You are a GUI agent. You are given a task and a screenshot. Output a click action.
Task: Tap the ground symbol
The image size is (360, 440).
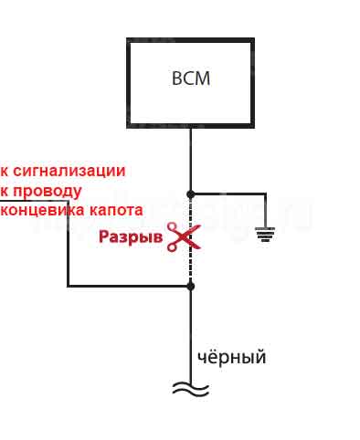265,236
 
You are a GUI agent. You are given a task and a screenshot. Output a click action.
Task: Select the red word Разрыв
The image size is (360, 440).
131,239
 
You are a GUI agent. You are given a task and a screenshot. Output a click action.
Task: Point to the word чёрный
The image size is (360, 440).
232,357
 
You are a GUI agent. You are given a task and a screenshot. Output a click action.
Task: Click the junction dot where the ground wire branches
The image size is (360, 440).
191,194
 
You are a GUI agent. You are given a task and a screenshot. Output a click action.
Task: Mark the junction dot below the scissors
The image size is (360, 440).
191,286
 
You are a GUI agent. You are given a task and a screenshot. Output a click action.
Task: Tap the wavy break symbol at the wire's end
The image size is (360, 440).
191,388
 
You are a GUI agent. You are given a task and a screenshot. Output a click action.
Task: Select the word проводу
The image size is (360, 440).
47,191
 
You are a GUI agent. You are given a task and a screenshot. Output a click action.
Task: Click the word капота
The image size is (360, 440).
116,210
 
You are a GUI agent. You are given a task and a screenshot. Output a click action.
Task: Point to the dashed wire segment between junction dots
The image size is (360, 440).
191,265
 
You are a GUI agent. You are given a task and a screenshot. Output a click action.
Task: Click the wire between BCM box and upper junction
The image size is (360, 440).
191,160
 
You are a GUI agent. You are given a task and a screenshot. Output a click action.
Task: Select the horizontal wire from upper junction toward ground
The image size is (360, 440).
228,194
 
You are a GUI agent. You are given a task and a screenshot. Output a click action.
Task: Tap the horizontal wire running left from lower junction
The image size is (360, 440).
128,286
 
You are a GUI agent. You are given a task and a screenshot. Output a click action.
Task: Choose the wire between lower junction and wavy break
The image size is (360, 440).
191,329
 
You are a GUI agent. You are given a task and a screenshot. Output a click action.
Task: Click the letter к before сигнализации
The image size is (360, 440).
5,171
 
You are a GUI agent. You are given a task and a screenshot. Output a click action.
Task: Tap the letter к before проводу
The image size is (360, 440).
5,191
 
